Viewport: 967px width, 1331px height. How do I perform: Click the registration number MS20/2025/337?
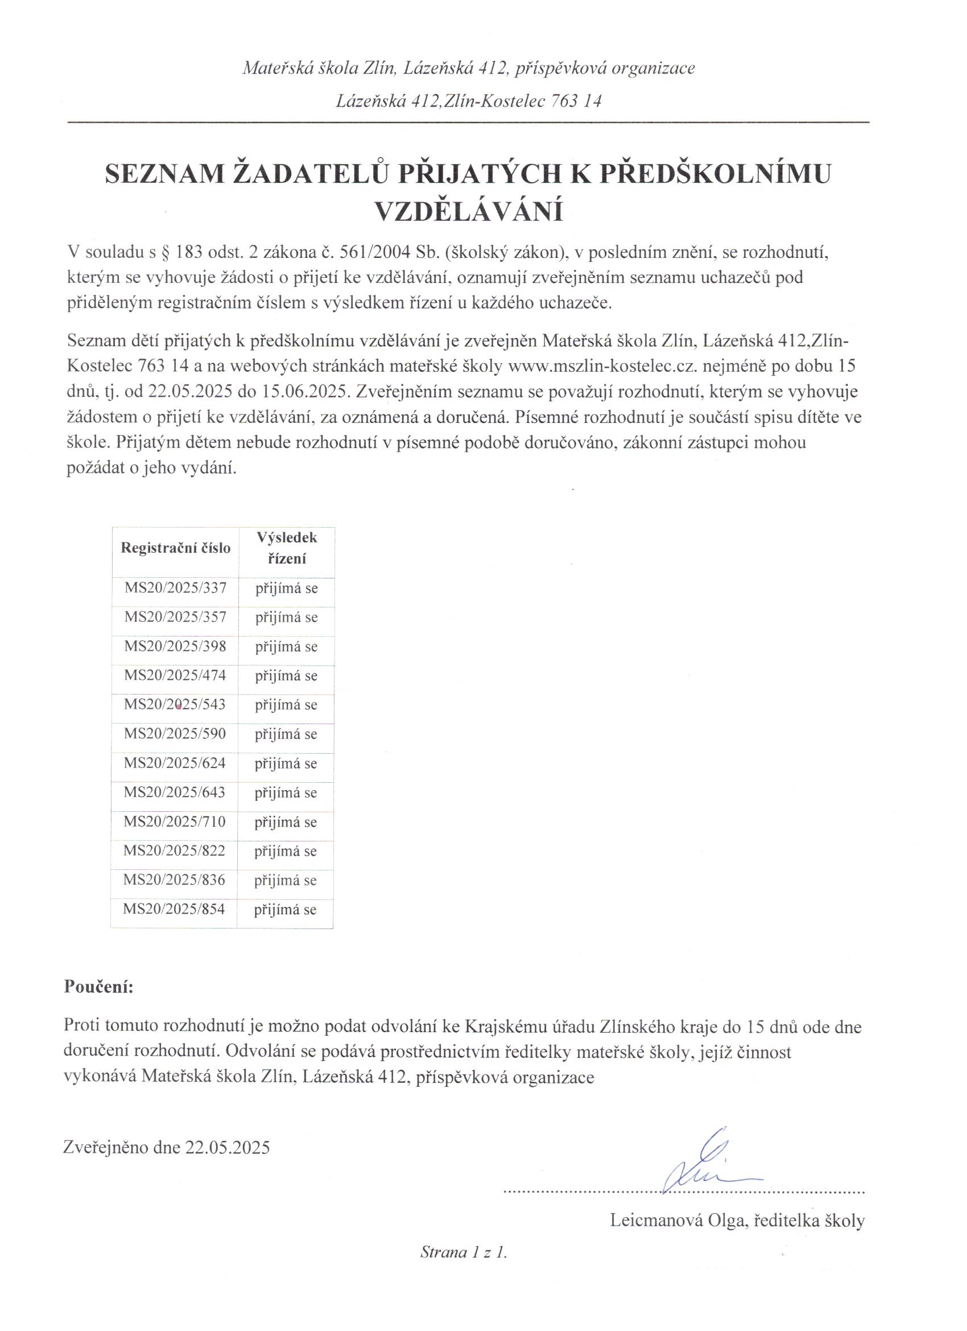point(175,587)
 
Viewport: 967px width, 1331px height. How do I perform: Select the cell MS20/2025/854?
point(174,909)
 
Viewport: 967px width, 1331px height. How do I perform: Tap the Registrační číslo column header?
point(176,548)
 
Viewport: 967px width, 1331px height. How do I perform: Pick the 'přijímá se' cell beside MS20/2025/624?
point(286,763)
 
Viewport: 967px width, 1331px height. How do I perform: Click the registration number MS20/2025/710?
point(174,821)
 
